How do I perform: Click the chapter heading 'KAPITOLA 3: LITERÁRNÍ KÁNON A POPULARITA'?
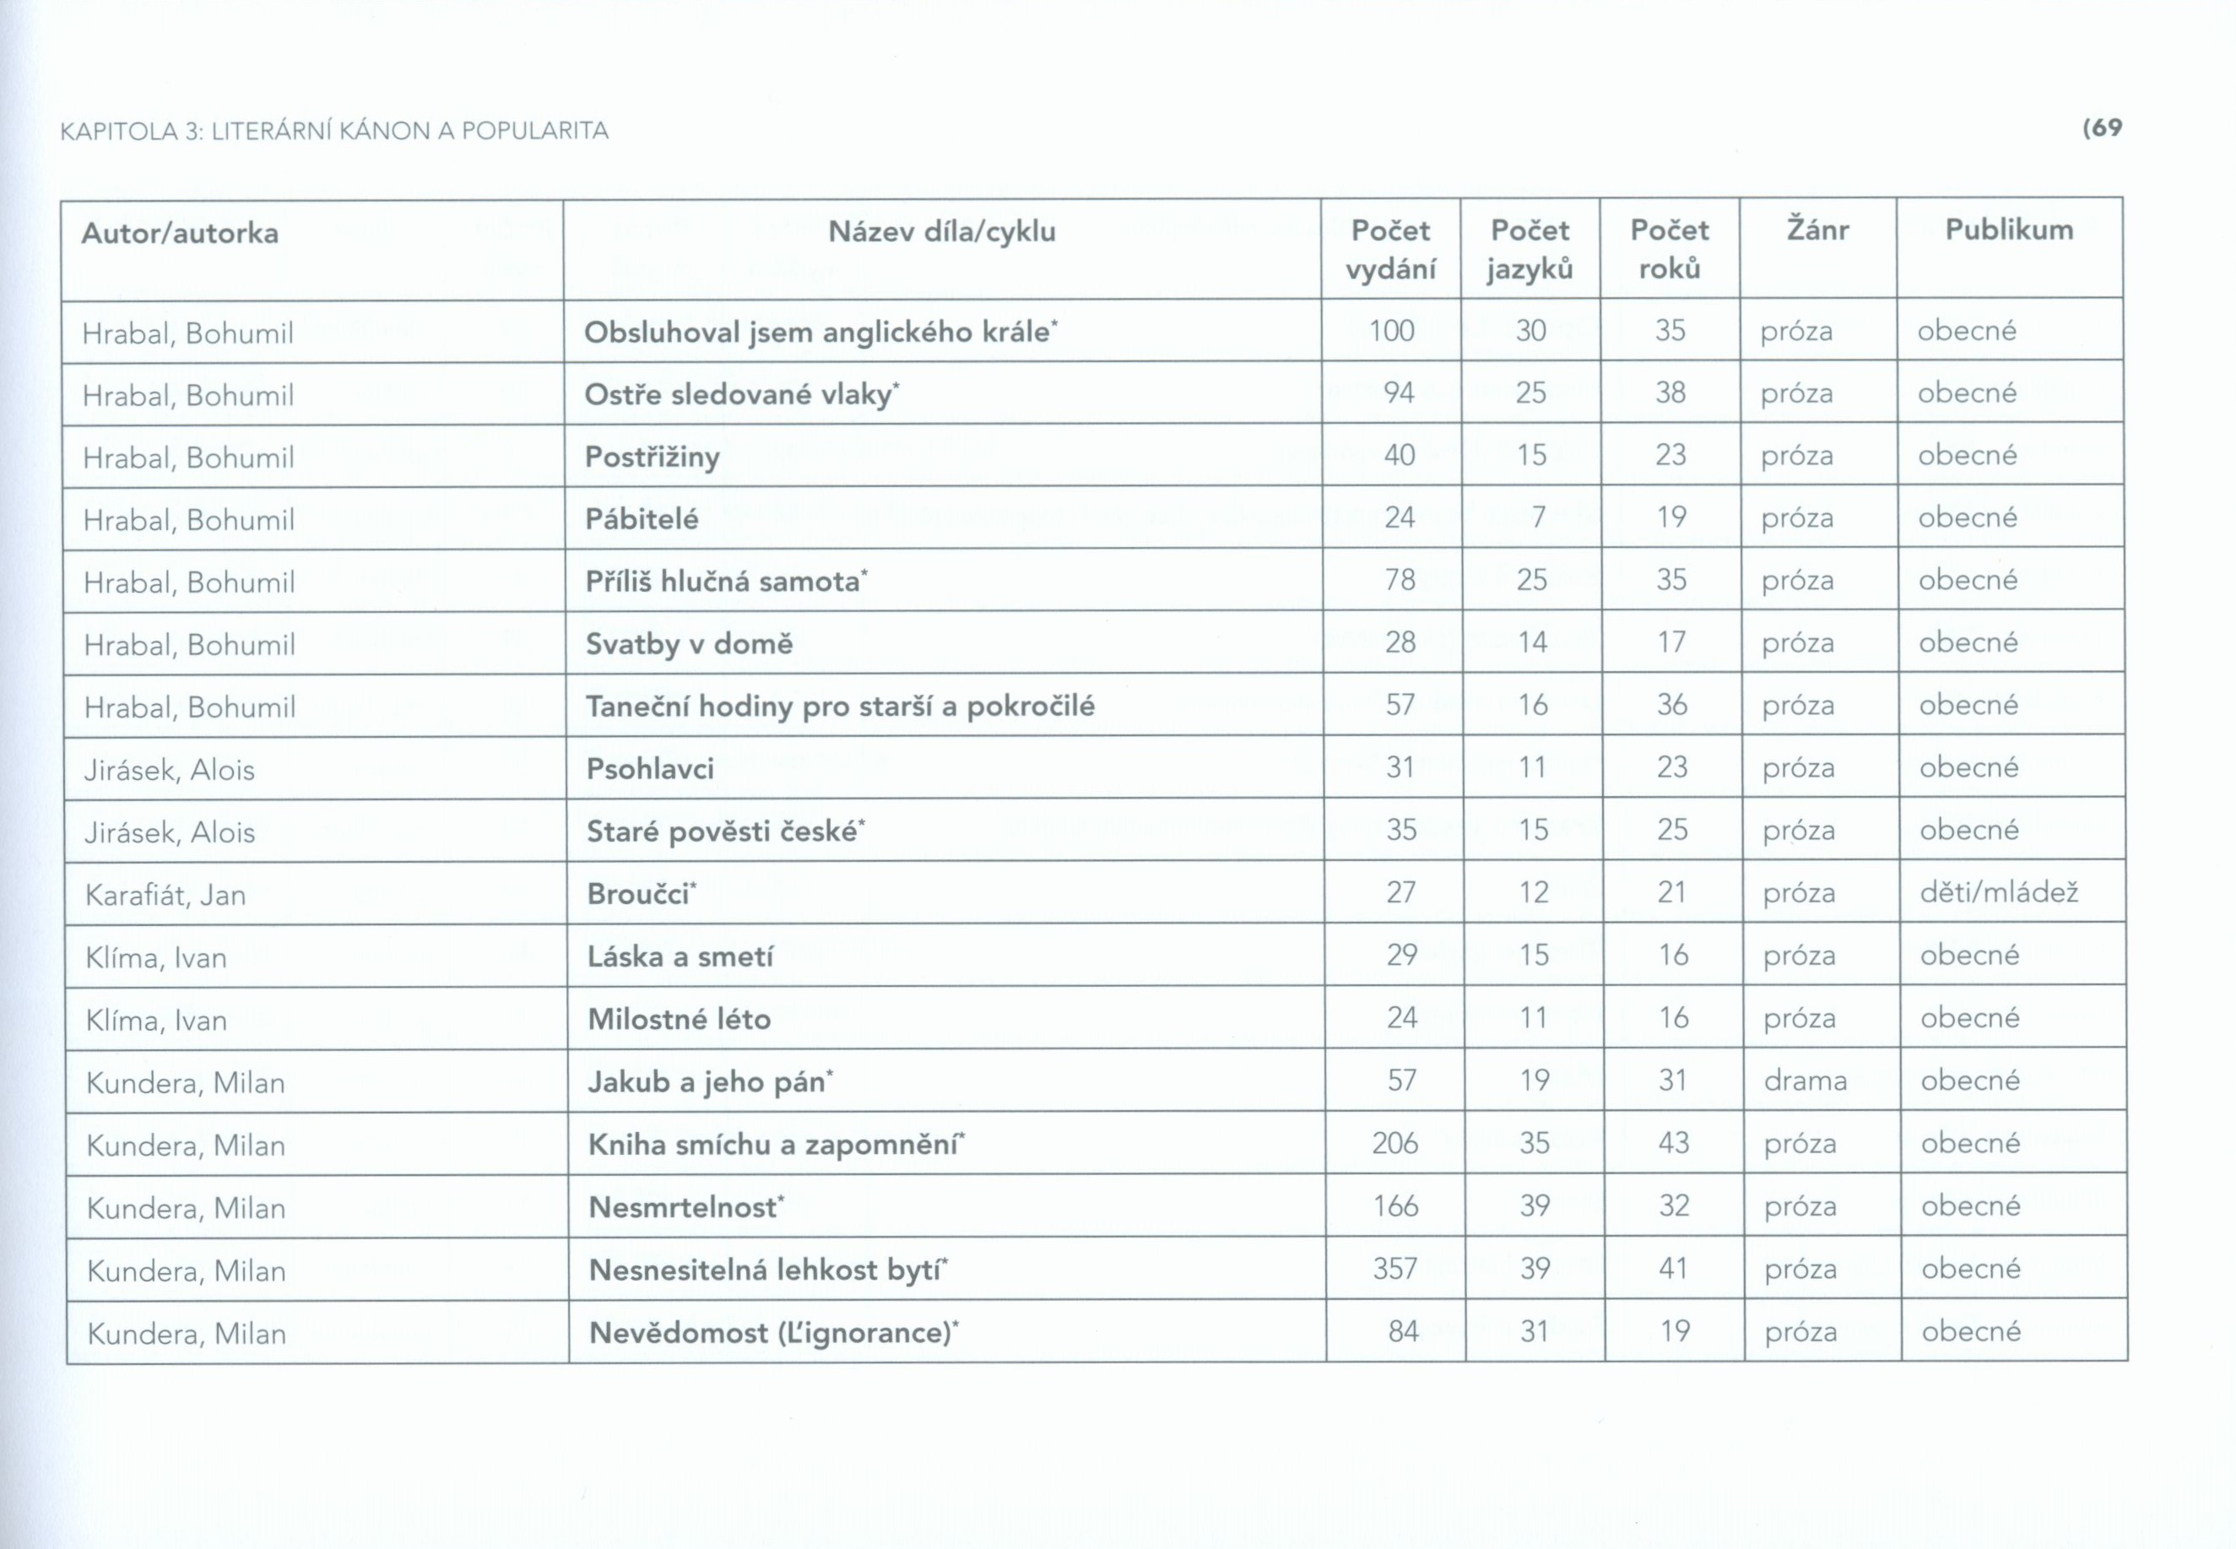coord(334,131)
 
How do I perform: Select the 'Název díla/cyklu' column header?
coord(941,232)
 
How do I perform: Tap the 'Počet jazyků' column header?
coord(1529,249)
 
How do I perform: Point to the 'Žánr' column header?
coord(1816,230)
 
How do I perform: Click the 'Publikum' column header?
coord(2008,230)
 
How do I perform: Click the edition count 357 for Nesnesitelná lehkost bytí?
coord(1394,1269)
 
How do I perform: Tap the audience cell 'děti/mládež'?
coord(1998,892)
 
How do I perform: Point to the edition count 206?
coord(1394,1143)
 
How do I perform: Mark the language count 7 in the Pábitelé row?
coord(1537,517)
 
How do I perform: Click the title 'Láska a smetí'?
coord(680,957)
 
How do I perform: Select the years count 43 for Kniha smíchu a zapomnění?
coord(1673,1142)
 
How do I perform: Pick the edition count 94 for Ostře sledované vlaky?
coord(1398,393)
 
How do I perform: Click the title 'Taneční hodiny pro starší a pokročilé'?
coord(840,706)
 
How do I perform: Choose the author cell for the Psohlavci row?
coord(169,770)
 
